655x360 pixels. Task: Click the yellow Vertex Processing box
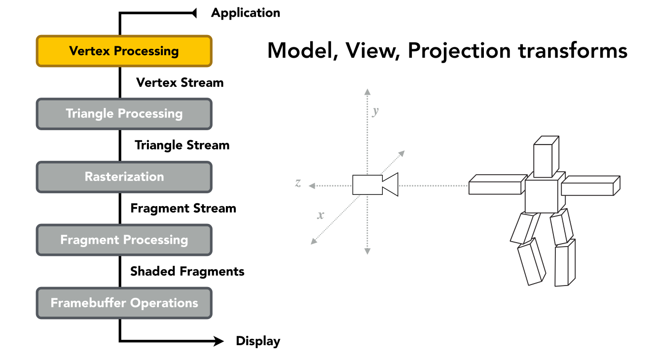(x=124, y=51)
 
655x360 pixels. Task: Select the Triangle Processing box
(x=124, y=114)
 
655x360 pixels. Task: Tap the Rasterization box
(x=124, y=177)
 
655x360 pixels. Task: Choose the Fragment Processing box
(x=124, y=240)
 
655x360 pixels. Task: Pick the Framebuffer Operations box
(x=124, y=303)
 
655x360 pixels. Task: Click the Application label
(x=246, y=13)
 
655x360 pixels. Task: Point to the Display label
(x=258, y=341)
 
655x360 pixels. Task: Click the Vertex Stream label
(x=180, y=82)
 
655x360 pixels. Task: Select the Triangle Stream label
(x=182, y=145)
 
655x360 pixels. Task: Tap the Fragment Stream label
(x=183, y=208)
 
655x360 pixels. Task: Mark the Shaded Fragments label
(x=187, y=271)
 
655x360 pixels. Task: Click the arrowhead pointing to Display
(x=218, y=341)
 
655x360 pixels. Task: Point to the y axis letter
(x=375, y=111)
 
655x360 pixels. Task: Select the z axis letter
(x=298, y=183)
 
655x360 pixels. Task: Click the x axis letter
(x=321, y=215)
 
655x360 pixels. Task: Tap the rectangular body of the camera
(x=367, y=185)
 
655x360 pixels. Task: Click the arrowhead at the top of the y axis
(x=367, y=92)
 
